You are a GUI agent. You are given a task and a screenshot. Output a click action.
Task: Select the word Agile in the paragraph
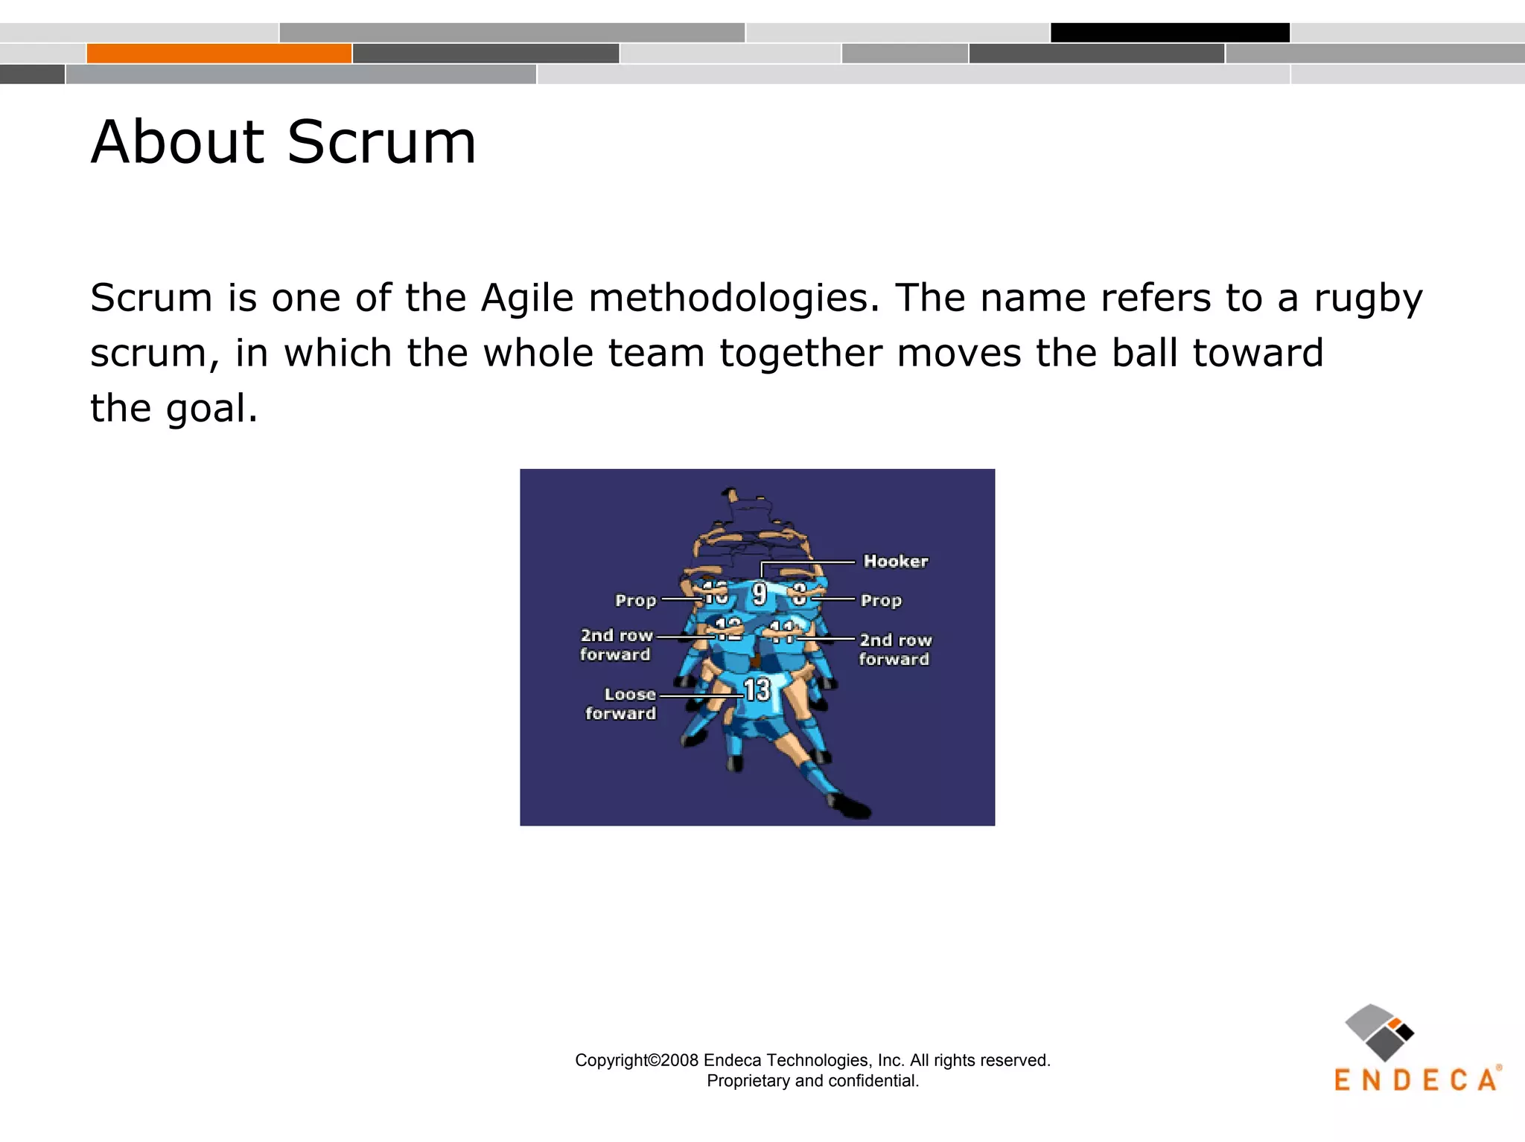527,298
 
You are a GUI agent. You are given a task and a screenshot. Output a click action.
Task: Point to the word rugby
1368,299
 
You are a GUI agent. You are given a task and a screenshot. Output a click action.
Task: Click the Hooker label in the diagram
895,561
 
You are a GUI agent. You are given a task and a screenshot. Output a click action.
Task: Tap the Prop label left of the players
635,600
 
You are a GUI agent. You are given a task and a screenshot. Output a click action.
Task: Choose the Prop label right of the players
881,600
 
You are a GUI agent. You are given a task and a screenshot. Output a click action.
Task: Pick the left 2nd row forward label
616,645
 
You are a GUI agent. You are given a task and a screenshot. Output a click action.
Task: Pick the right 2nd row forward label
894,649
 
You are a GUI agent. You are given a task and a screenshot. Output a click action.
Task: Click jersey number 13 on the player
757,690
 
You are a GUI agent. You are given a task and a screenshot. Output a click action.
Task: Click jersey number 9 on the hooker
759,593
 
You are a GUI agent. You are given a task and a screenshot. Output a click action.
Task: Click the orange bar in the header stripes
219,54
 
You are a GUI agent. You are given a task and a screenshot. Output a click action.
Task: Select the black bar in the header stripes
1170,33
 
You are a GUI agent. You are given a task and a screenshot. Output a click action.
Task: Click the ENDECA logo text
1415,1080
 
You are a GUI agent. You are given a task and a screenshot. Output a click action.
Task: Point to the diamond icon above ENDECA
1378,1032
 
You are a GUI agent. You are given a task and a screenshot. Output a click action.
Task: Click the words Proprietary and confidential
812,1081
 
